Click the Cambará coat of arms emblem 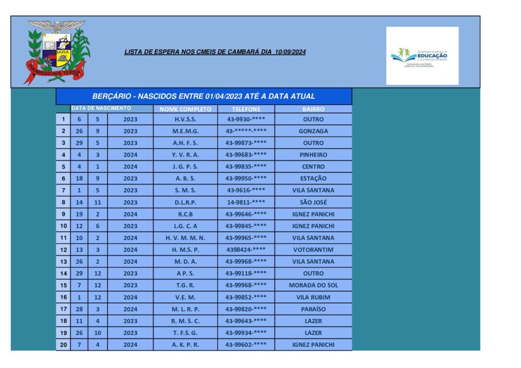57,51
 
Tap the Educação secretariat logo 422,55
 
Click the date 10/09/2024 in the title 290,52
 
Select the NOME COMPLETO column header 185,109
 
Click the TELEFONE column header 246,109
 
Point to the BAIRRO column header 313,109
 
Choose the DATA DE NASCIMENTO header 101,108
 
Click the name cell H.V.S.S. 185,119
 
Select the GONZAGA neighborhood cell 313,131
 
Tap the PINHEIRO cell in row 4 313,155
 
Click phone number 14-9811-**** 246,202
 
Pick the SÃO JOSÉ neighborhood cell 313,202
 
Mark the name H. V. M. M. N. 185,238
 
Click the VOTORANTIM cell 313,250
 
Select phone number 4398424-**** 246,250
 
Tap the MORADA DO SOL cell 313,285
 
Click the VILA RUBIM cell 313,297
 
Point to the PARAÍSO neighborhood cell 313,309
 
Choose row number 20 63,345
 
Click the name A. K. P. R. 185,345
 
